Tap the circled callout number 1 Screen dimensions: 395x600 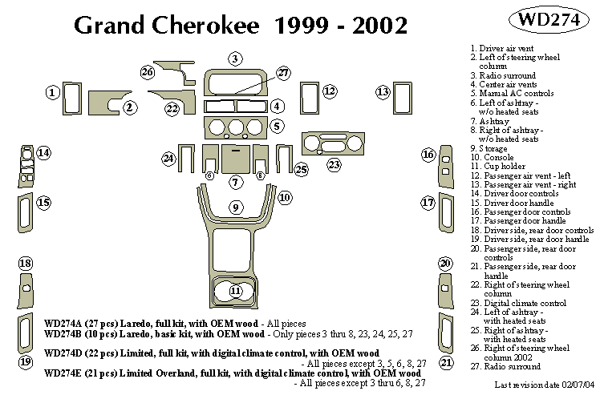52,93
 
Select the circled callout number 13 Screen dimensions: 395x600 383,91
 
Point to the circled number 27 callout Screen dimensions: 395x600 283,74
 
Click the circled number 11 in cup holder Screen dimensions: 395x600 235,290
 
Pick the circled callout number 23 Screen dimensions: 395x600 333,164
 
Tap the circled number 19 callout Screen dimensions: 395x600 25,362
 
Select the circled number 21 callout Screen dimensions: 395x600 446,363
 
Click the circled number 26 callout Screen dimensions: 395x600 147,73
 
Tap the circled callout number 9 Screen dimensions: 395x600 235,208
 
